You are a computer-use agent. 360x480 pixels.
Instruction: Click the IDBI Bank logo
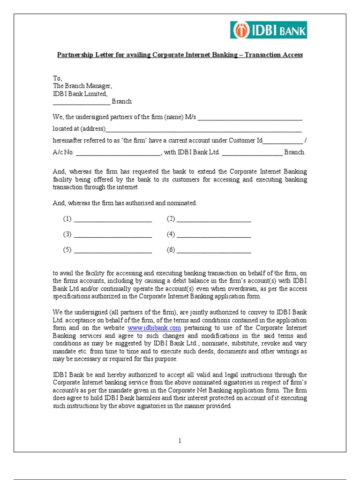(x=269, y=30)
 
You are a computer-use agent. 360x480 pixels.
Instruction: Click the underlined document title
(x=180, y=55)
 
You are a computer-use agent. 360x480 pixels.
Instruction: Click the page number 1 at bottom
(x=180, y=441)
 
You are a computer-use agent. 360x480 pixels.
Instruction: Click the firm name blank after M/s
(x=250, y=118)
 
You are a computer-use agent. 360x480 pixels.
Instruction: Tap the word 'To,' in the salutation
(x=57, y=78)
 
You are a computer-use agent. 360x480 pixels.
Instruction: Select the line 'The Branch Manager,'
(x=82, y=86)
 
